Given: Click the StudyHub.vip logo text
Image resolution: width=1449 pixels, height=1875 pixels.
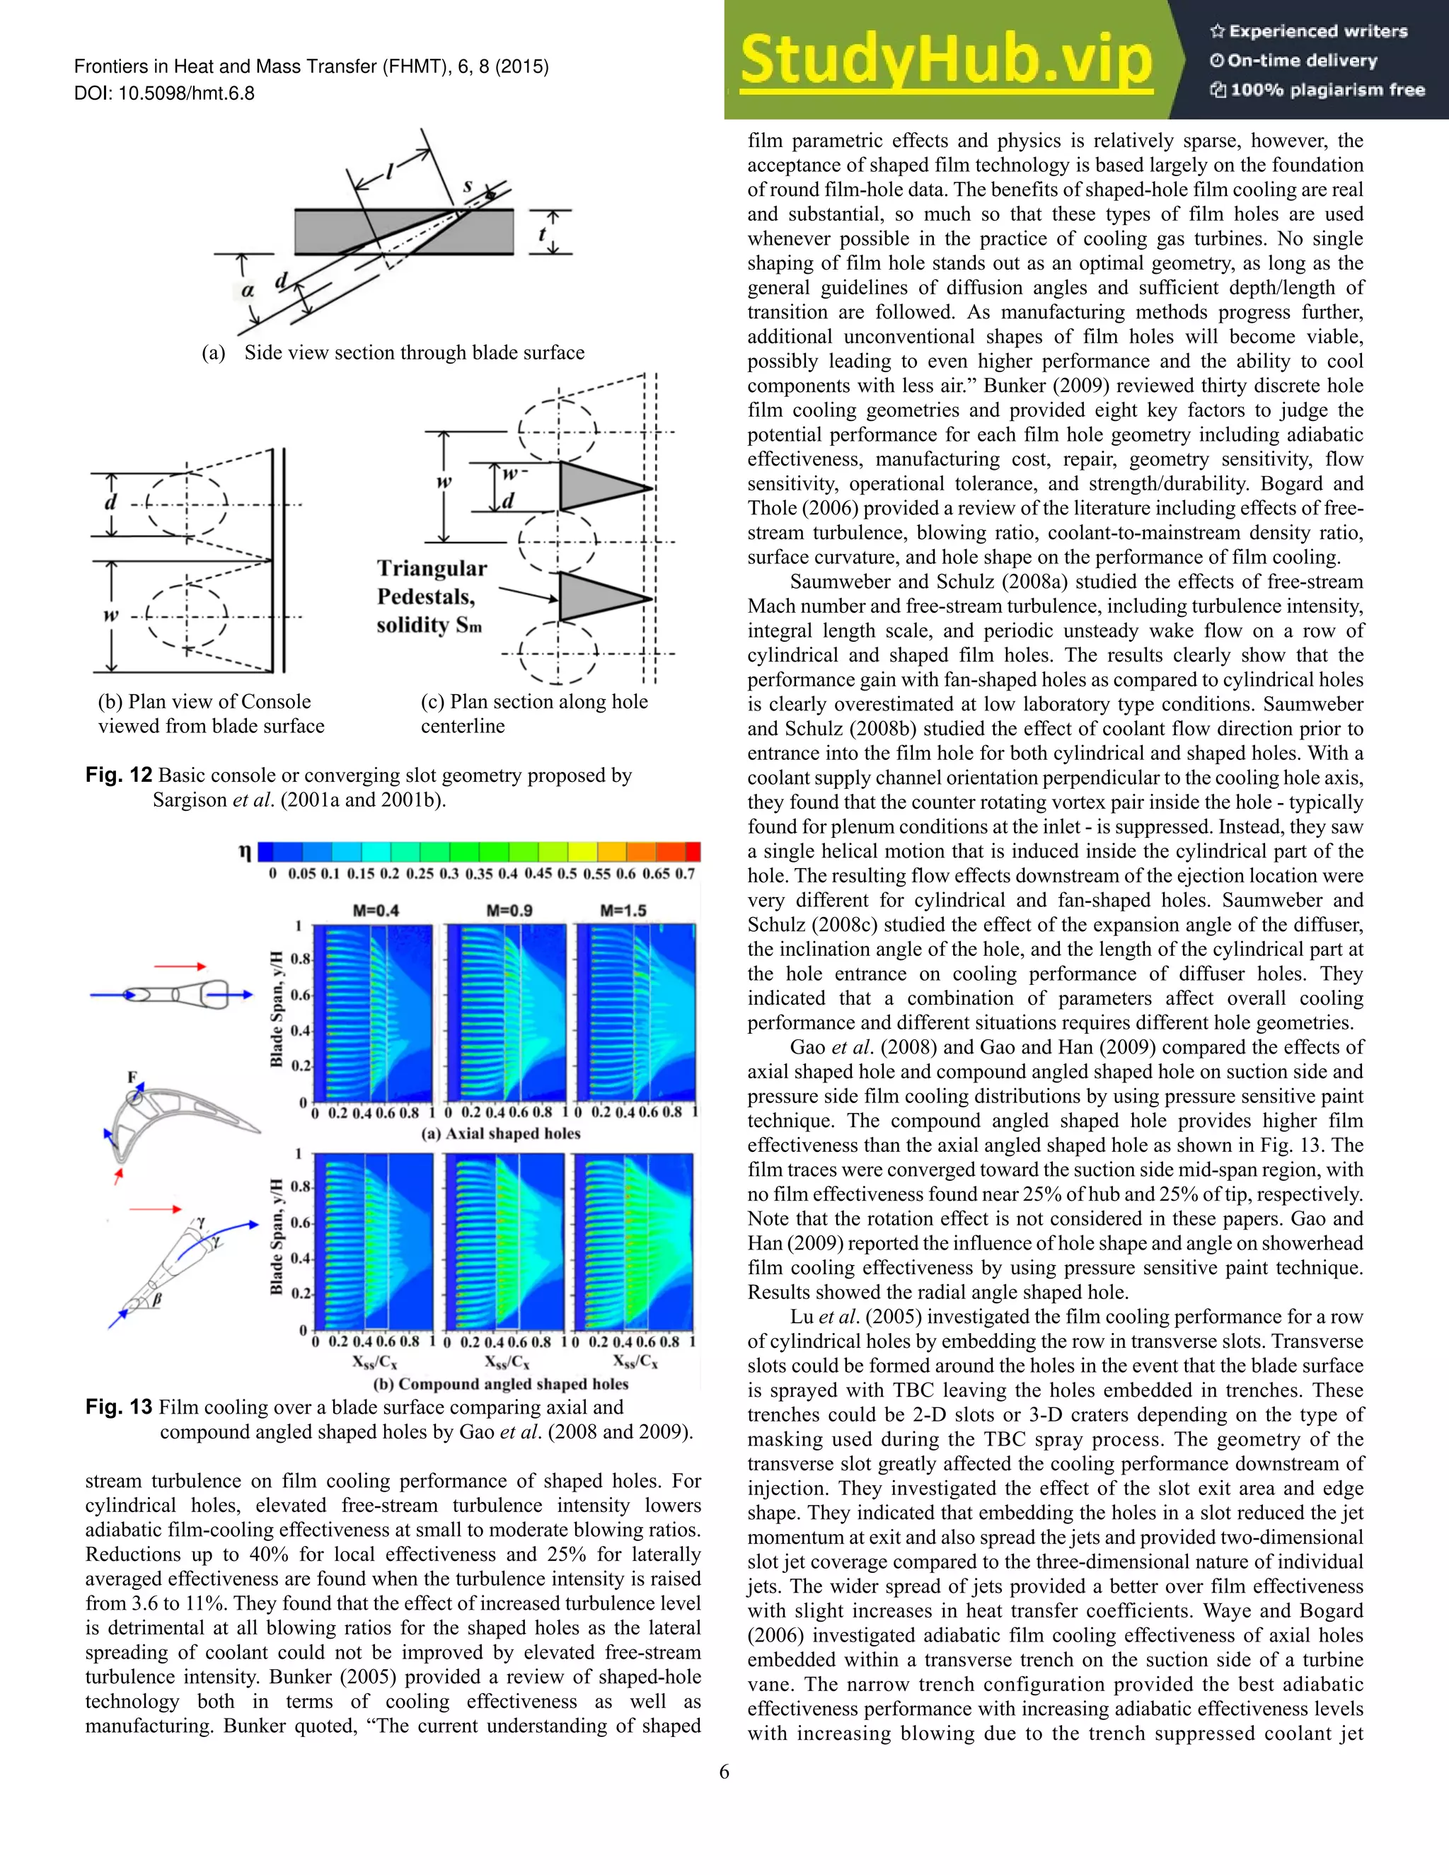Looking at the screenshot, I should (945, 60).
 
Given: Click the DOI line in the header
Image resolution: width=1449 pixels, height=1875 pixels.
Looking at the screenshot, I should (164, 93).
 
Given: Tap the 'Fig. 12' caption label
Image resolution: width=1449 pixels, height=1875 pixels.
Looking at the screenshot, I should (118, 775).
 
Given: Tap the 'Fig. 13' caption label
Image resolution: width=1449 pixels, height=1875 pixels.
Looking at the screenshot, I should (118, 1407).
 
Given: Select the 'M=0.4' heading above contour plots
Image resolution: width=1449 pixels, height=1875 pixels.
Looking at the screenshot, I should (376, 910).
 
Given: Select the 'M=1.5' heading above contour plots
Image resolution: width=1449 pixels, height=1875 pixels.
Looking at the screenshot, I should (623, 910).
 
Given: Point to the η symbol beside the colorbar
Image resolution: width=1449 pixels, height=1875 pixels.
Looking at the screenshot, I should (245, 852).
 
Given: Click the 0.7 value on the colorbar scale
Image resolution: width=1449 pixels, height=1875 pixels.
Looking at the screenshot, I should (684, 874).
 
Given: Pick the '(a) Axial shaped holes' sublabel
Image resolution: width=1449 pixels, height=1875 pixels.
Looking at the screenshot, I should (500, 1133).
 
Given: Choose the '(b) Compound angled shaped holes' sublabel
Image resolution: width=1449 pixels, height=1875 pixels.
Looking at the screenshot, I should (500, 1384).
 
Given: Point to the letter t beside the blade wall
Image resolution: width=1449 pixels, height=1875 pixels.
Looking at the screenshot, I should (542, 233).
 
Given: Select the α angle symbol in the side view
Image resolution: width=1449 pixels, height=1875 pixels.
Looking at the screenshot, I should (248, 290).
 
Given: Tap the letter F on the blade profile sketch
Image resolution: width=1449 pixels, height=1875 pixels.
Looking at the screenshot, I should (132, 1077).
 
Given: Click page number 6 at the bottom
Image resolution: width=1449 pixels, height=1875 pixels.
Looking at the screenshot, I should (724, 1772).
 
